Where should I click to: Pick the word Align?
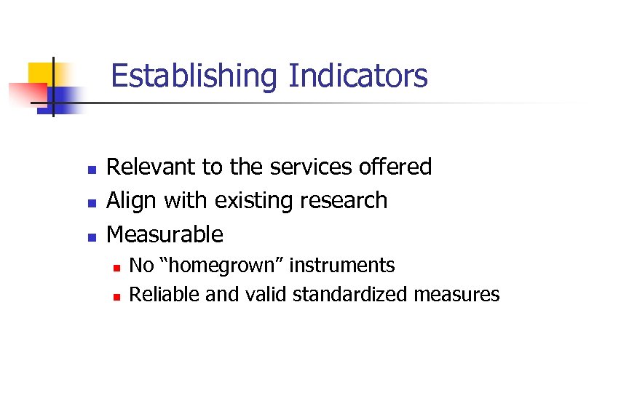[x=132, y=200]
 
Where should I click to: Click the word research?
[x=346, y=200]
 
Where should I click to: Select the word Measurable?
[x=165, y=234]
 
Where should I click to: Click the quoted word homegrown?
[x=221, y=266]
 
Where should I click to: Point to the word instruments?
[x=342, y=266]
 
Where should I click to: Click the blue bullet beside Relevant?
[x=91, y=170]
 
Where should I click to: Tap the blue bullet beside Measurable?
[x=91, y=237]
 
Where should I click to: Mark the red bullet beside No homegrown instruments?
[x=116, y=267]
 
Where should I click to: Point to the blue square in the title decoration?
[x=68, y=98]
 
